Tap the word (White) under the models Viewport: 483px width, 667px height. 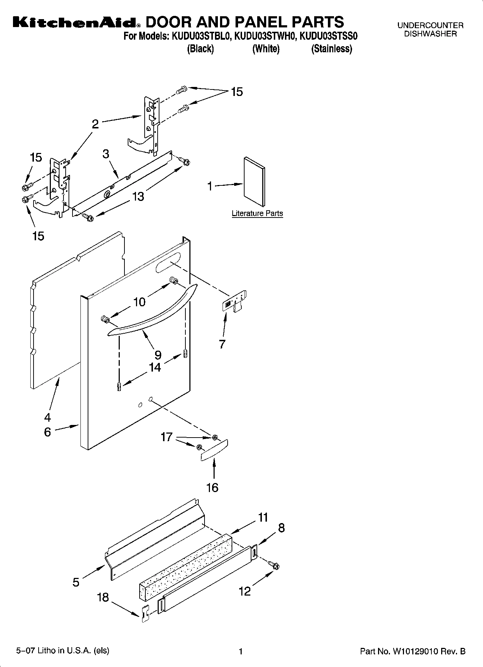265,49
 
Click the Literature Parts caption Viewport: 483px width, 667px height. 257,213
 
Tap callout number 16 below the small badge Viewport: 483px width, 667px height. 212,487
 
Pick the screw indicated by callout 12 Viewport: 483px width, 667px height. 274,566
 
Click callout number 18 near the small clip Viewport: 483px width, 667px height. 103,597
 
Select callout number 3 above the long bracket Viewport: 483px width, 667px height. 106,154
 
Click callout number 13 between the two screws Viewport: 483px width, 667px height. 138,197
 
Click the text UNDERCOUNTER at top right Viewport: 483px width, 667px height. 430,25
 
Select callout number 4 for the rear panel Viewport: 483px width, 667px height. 48,417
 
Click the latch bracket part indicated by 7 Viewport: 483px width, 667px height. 234,302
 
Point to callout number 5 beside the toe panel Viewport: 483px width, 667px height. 76,582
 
